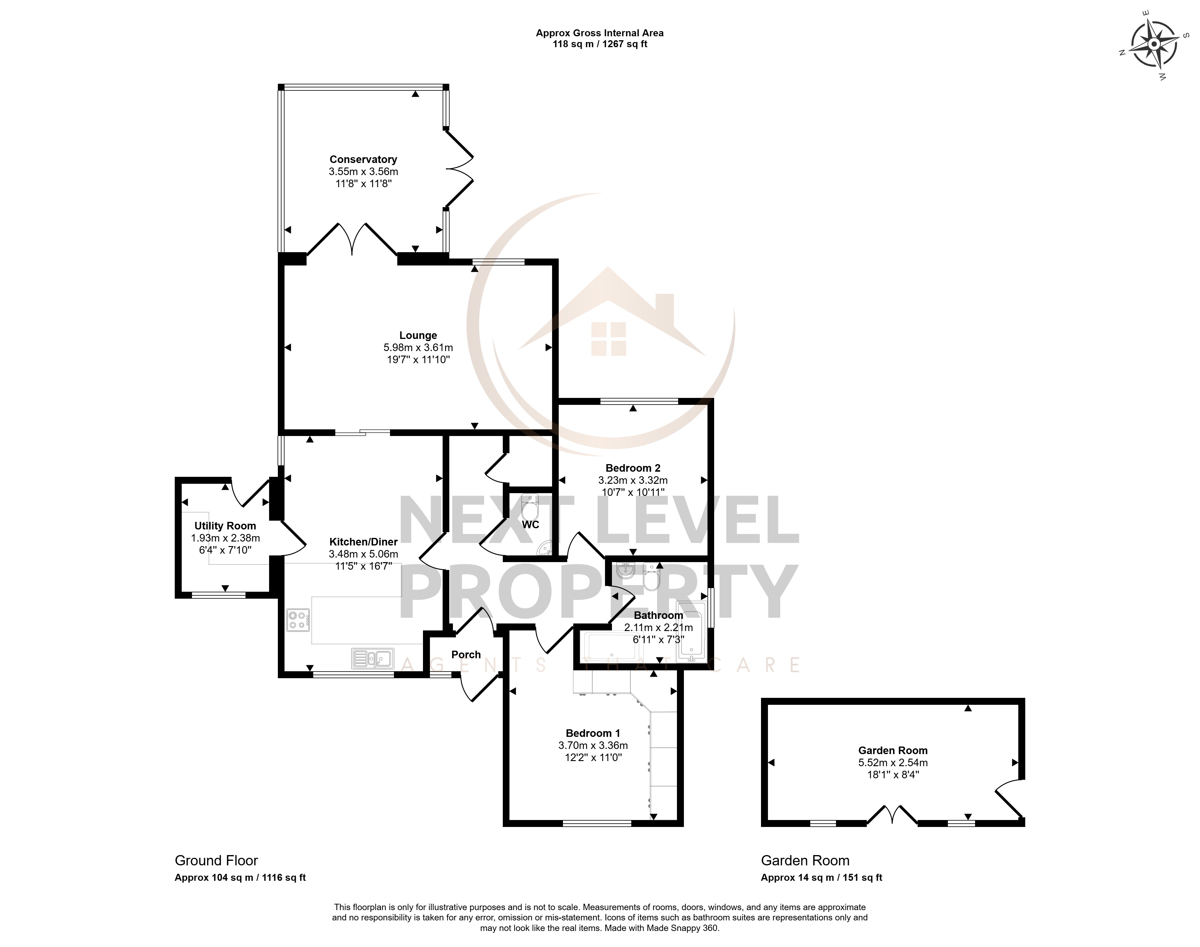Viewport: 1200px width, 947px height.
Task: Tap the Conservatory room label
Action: tap(363, 160)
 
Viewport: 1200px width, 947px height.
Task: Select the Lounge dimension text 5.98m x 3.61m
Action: tap(418, 348)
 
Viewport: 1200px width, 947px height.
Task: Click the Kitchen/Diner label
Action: tap(363, 542)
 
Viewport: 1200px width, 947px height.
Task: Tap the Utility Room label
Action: tap(225, 526)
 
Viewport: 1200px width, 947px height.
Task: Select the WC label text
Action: tap(530, 525)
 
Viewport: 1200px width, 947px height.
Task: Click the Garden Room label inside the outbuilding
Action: tap(893, 750)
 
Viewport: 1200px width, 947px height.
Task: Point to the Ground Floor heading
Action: tap(216, 861)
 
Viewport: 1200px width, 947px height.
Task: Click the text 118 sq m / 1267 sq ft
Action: tap(600, 44)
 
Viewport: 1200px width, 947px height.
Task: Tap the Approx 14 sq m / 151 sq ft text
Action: tap(821, 877)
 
